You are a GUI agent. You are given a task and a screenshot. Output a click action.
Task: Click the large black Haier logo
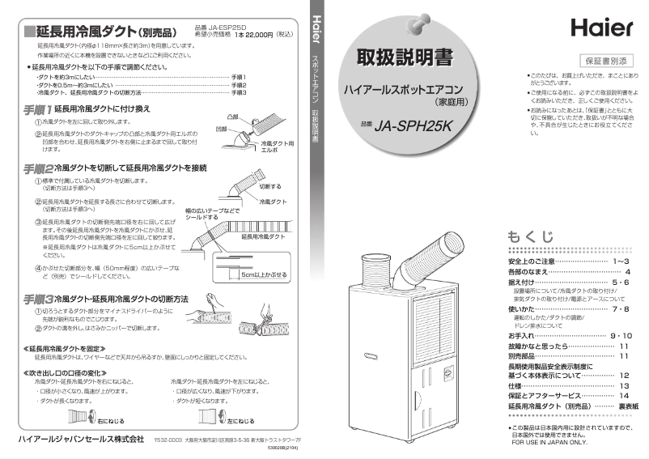point(601,28)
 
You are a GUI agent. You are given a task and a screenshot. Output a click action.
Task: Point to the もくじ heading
point(531,236)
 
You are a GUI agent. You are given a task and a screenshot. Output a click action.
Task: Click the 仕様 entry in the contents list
point(515,387)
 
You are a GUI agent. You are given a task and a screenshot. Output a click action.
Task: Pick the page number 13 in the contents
point(624,387)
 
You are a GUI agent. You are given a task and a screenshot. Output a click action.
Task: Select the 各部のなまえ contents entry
point(533,272)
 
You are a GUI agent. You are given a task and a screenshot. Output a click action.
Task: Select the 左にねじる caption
point(240,421)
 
